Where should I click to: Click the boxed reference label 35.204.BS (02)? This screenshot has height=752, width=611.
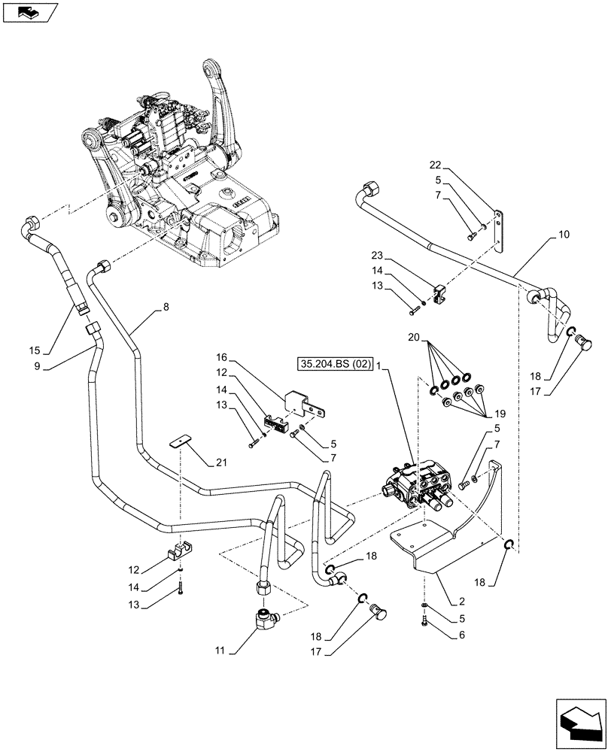[x=336, y=364]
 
